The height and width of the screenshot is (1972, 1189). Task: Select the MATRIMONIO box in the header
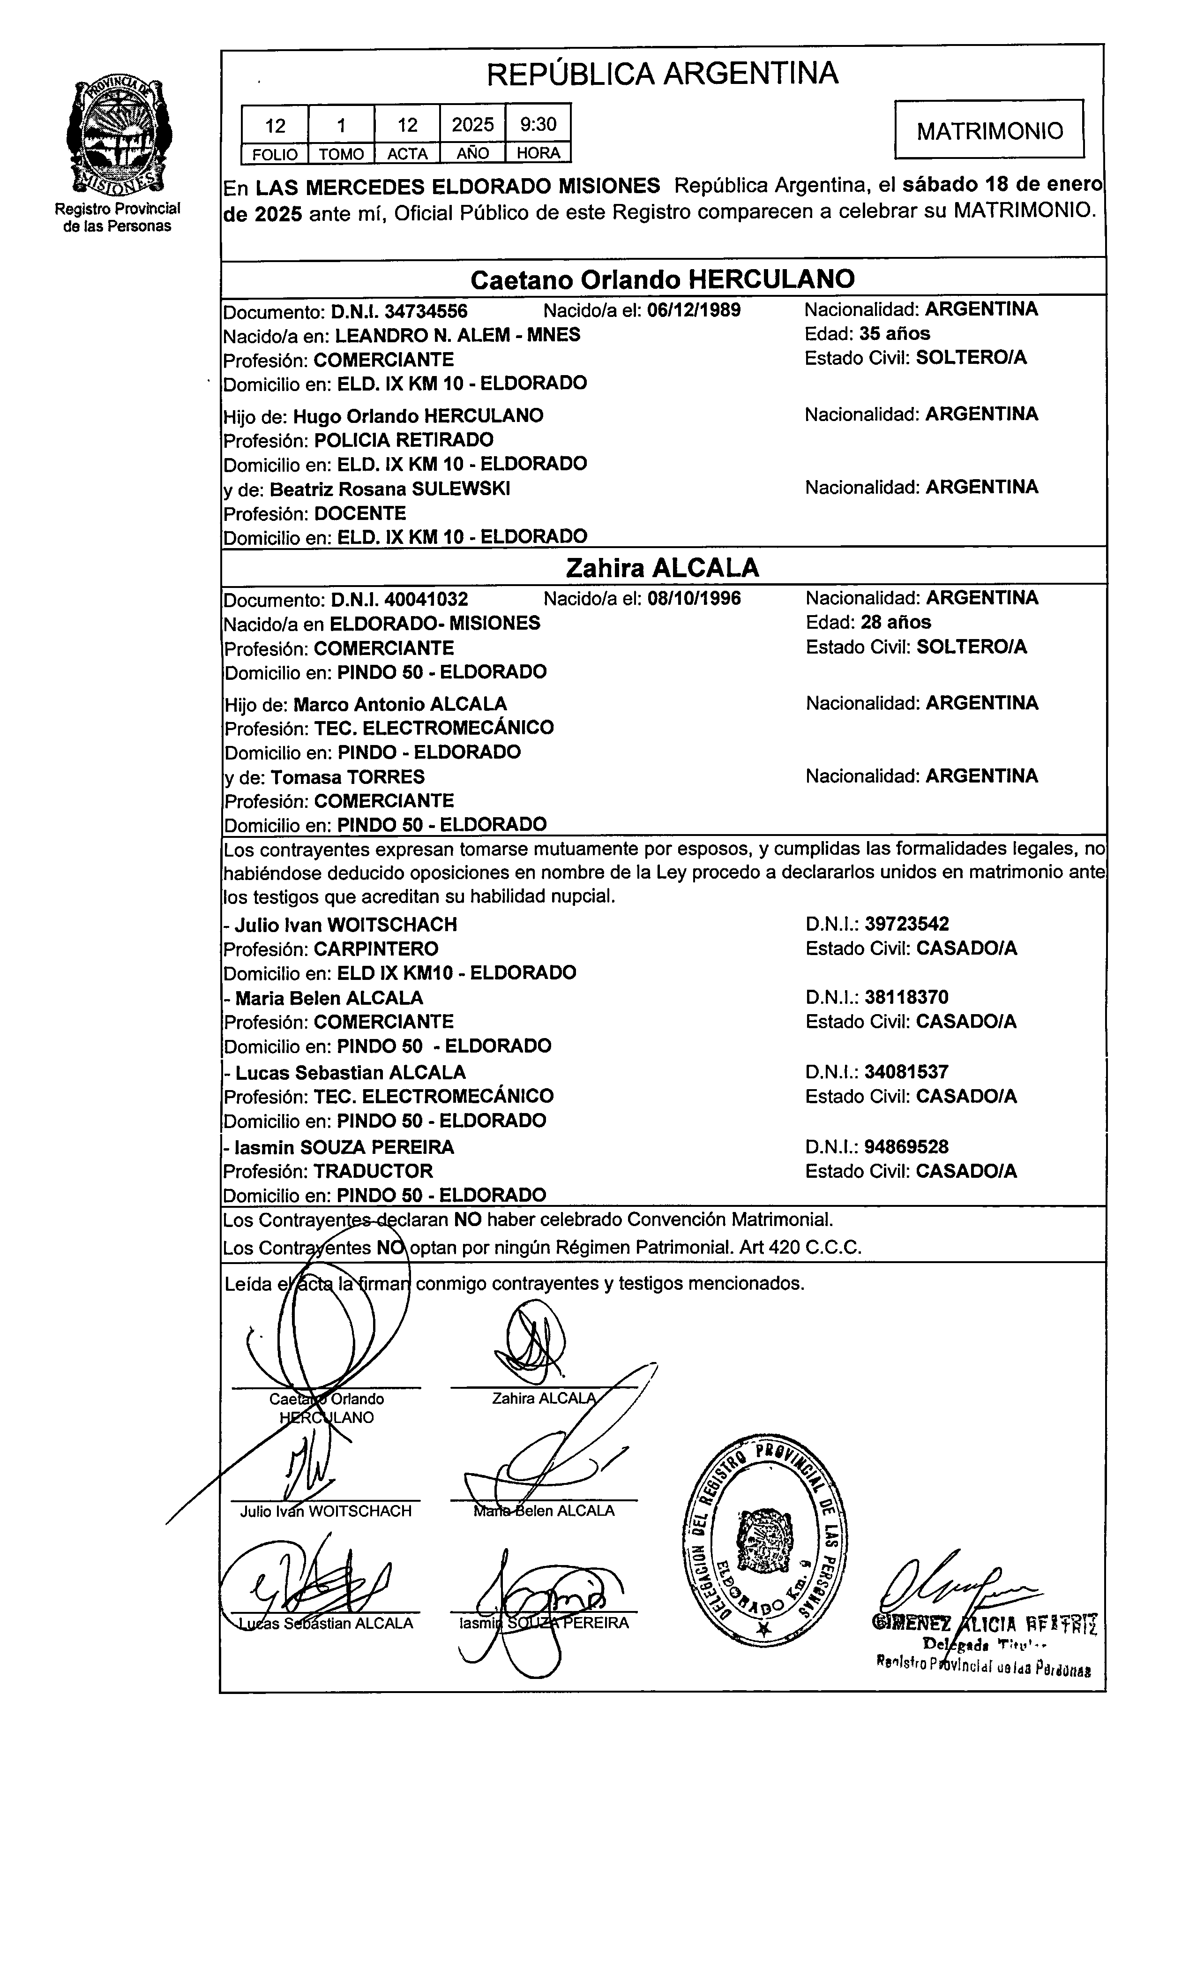point(989,130)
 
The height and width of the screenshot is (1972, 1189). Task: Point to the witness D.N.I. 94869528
point(906,1147)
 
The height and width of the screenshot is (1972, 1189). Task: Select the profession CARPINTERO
point(375,949)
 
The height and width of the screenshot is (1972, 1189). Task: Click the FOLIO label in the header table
point(275,154)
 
